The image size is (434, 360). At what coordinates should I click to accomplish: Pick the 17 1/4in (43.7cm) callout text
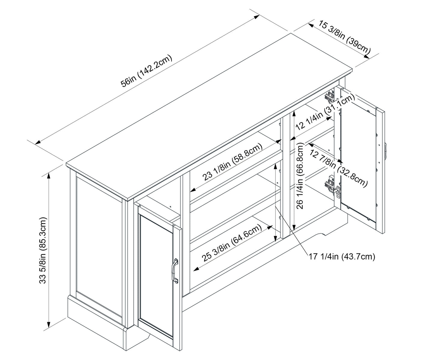tap(342, 256)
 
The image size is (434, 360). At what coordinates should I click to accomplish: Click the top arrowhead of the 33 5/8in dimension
tap(48, 175)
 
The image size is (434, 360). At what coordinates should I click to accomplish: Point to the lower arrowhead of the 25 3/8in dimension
tap(196, 269)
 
